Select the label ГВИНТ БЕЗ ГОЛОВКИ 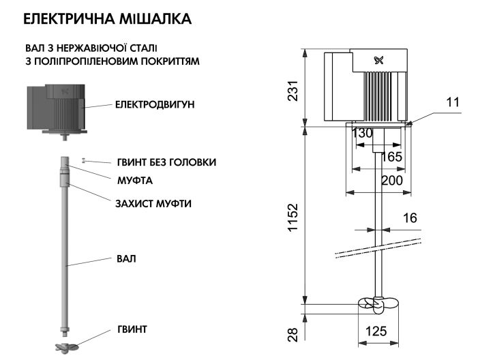166,162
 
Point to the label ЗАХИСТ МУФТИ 153,203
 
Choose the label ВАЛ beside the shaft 126,259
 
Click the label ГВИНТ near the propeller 132,329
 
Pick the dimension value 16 408,218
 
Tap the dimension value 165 390,157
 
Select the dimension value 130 363,133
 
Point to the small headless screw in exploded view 83,161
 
